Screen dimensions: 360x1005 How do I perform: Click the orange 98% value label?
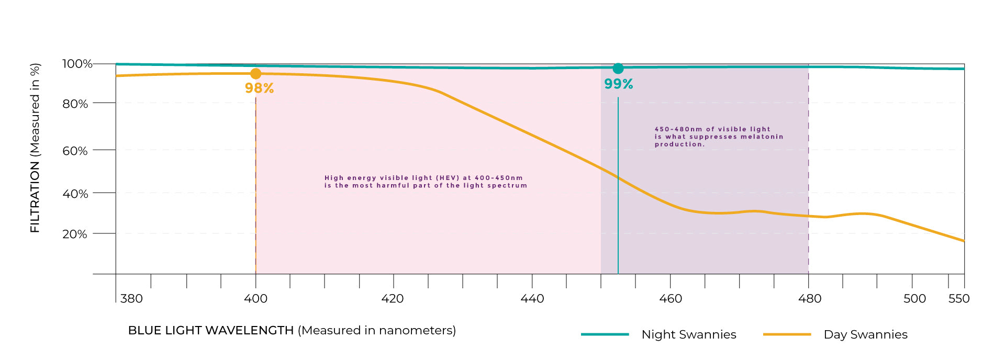(x=259, y=88)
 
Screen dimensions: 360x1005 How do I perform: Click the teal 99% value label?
(x=618, y=84)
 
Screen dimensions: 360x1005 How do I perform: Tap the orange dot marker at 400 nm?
(x=255, y=74)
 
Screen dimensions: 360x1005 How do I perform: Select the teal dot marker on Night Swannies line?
(x=618, y=69)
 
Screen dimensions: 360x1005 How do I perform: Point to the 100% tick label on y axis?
(x=77, y=64)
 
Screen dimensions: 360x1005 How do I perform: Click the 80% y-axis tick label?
(x=75, y=104)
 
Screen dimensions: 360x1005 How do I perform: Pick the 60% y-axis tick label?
(x=75, y=151)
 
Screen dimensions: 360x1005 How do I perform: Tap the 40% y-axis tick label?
(x=75, y=194)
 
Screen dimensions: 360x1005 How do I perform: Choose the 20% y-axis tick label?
(x=75, y=234)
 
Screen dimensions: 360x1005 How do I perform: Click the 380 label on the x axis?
(x=131, y=299)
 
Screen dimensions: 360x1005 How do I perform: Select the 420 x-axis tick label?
(x=392, y=299)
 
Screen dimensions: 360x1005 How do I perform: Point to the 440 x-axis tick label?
(x=532, y=299)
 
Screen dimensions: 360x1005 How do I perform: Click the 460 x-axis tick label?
(x=671, y=299)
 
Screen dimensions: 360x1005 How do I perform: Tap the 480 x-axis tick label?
(x=810, y=299)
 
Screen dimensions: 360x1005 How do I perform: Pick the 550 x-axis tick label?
(x=959, y=299)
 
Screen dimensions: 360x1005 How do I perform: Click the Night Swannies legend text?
(x=689, y=334)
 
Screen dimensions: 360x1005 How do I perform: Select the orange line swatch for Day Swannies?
(x=787, y=334)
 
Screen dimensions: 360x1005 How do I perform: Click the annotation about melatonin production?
(x=719, y=137)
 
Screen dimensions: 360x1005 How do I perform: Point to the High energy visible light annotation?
(x=425, y=182)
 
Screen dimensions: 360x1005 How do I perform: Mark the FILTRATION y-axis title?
(x=35, y=148)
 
